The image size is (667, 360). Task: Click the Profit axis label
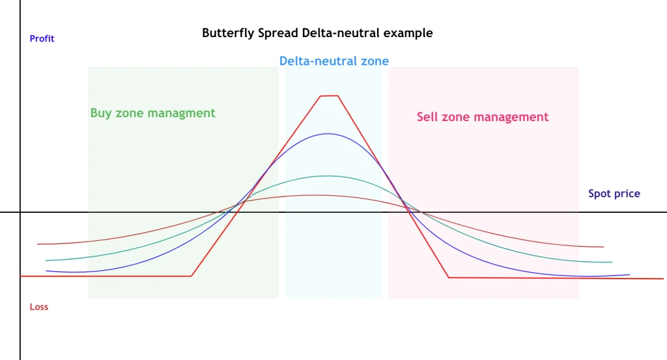point(42,38)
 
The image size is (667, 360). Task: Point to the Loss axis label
point(38,307)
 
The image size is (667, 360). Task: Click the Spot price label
point(614,194)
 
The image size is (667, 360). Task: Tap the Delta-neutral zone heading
point(334,61)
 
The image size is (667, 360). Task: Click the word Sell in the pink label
point(427,117)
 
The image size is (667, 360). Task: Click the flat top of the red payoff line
point(329,96)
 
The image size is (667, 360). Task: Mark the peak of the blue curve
point(328,134)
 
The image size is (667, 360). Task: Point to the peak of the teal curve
point(328,176)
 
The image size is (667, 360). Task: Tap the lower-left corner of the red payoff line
point(192,276)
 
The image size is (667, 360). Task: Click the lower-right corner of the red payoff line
point(449,277)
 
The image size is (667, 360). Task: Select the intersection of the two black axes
point(20,212)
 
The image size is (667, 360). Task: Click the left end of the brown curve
point(37,244)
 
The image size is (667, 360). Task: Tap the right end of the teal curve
point(612,262)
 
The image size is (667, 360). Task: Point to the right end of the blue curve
point(629,275)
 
